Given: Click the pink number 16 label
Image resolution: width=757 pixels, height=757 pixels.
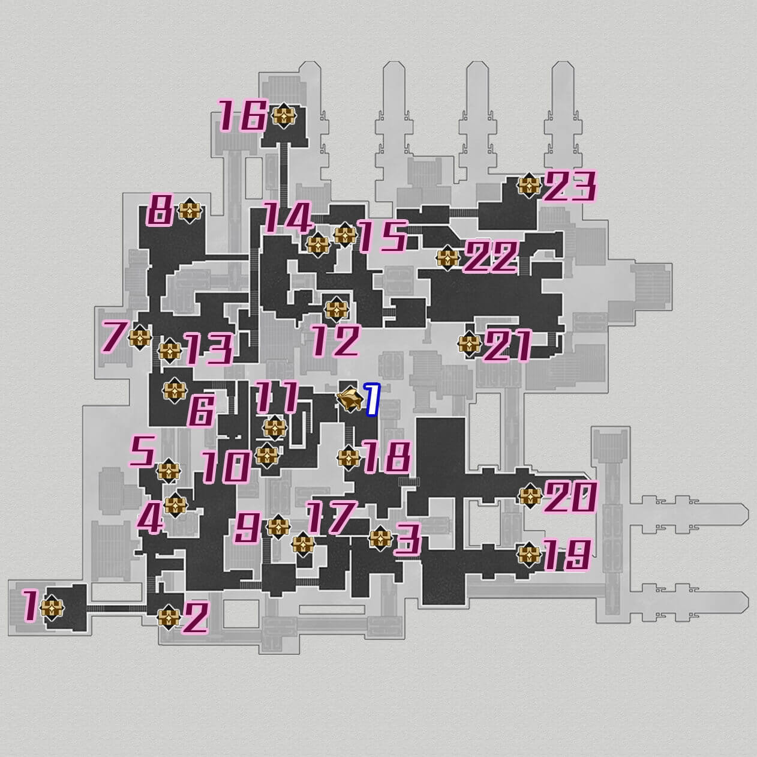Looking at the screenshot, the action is pos(243,116).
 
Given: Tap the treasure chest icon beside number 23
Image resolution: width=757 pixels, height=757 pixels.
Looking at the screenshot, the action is pos(529,185).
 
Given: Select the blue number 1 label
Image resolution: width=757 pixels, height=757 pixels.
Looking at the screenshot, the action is pos(373,399).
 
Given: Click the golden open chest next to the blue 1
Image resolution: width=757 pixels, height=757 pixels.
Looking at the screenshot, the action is pos(350,399).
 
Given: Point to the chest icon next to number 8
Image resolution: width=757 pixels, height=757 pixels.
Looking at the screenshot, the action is pos(190,211).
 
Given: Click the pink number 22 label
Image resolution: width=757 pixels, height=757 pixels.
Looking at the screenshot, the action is pos(491,257).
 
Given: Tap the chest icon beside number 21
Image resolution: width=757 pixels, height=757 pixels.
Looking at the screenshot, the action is pos(470,344).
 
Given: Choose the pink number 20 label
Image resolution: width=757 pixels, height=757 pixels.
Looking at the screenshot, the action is pos(570,497).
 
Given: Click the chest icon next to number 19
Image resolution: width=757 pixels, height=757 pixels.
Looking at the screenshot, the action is pos(529,555).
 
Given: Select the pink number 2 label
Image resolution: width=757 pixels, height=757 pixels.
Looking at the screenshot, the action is pos(195,618).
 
